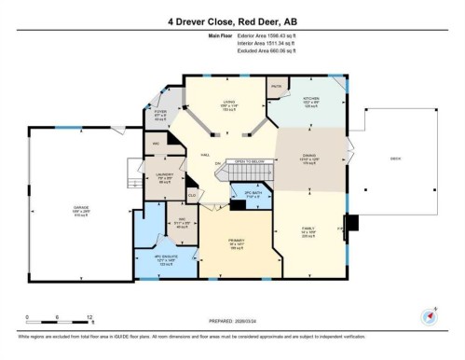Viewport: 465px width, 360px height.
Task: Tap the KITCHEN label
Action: click(310, 97)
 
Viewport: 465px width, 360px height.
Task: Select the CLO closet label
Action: click(191, 194)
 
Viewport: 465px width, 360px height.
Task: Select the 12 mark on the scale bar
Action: click(89, 316)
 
